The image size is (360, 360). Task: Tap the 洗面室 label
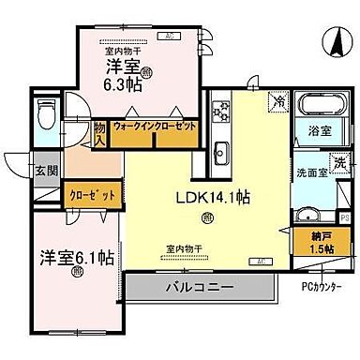coord(309,172)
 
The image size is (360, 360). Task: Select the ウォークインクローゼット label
coord(156,125)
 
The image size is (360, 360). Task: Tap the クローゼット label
coord(92,195)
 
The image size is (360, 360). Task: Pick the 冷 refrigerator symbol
coord(278,101)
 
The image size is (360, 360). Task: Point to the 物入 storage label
coord(100,133)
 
